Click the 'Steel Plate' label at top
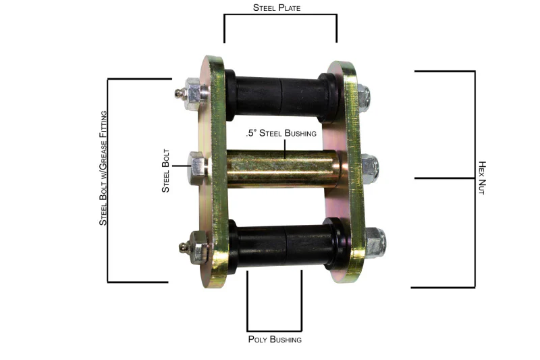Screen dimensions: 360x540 (x=277, y=7)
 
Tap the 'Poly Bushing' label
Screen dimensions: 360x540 (x=275, y=339)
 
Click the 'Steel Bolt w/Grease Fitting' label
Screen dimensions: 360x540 (x=103, y=168)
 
